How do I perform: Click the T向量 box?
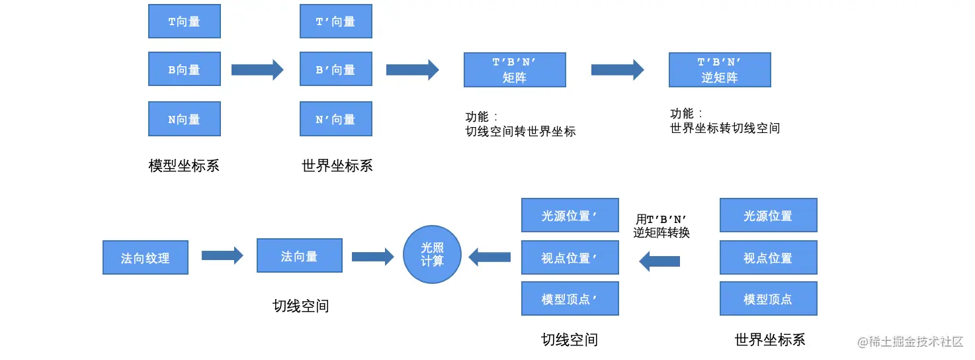coord(184,21)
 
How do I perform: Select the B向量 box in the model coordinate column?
coord(184,69)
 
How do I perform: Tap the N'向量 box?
coord(335,119)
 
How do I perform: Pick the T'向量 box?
coord(335,21)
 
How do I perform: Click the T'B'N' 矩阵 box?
coord(515,70)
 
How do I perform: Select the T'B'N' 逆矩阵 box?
coord(720,70)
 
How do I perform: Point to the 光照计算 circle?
coord(432,255)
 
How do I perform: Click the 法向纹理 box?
coord(146,257)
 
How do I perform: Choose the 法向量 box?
coord(299,256)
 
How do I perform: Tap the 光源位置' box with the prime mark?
coord(570,215)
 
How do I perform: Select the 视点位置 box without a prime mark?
coord(768,257)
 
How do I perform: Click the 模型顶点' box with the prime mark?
coord(570,298)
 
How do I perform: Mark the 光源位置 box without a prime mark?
coord(768,215)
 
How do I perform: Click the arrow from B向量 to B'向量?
coord(257,69)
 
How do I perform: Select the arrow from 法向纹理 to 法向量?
coord(222,255)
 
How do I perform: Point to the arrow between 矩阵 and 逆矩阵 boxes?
coord(617,69)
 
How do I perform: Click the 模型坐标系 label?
coord(184,165)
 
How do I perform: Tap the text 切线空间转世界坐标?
coord(521,131)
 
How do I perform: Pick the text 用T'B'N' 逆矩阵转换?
coord(661,226)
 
